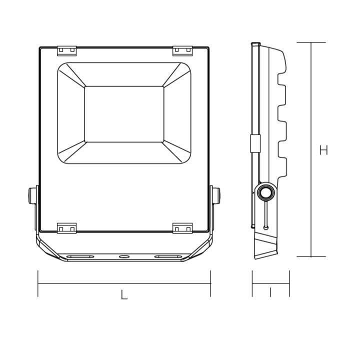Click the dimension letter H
point(323,150)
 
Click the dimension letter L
point(124,295)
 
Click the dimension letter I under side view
point(270,292)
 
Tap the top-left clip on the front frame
point(66,50)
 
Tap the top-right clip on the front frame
point(182,50)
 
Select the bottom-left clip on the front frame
point(66,228)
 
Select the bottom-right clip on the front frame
point(182,228)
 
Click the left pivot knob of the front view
point(32,195)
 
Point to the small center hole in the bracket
point(124,256)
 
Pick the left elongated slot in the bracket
point(80,256)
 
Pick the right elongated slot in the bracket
point(168,256)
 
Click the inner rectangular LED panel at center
point(124,114)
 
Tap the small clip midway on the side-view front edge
point(255,143)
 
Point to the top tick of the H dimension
point(311,42)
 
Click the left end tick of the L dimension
point(38,283)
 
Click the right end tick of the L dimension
point(210,283)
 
